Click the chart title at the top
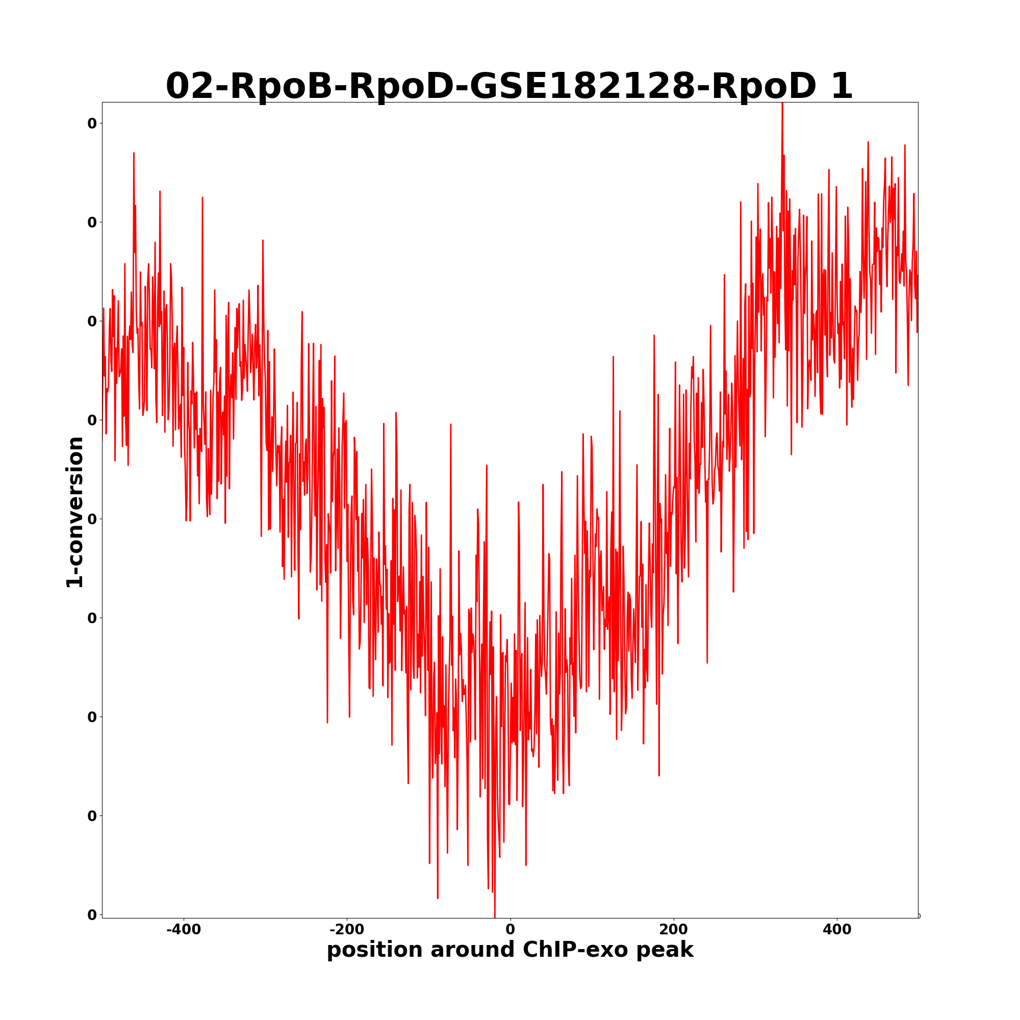pyautogui.click(x=509, y=86)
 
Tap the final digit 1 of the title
pyautogui.click(x=841, y=86)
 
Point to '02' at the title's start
pyautogui.click(x=189, y=86)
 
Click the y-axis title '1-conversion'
pyautogui.click(x=75, y=512)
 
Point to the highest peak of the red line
pyautogui.click(x=782, y=104)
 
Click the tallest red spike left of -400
pyautogui.click(x=134, y=154)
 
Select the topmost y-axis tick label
pyautogui.click(x=92, y=123)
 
